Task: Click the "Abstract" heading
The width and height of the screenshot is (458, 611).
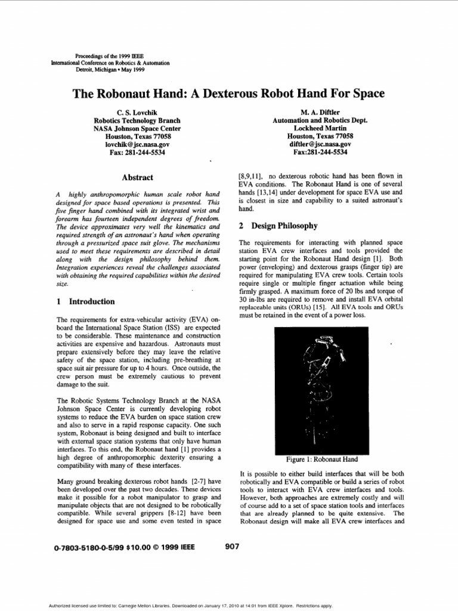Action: (x=137, y=177)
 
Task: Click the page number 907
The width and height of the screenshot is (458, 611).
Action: (x=233, y=546)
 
